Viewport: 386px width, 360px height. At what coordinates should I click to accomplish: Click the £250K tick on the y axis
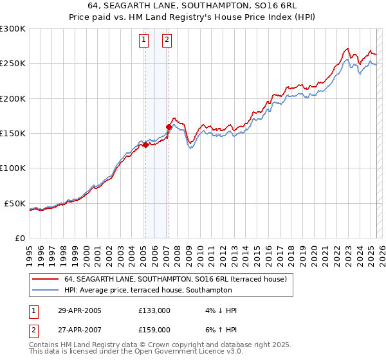pyautogui.click(x=13, y=64)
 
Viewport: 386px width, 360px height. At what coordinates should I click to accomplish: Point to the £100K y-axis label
pyautogui.click(x=13, y=168)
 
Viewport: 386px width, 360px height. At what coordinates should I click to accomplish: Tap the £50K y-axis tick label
pyautogui.click(x=15, y=203)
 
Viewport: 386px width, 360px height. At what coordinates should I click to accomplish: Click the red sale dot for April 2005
pyautogui.click(x=145, y=145)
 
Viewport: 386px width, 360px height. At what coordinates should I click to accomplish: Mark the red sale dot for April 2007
pyautogui.click(x=169, y=127)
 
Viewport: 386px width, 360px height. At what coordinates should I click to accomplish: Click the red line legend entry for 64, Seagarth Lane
pyautogui.click(x=179, y=279)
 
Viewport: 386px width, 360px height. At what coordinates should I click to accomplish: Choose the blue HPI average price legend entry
pyautogui.click(x=148, y=291)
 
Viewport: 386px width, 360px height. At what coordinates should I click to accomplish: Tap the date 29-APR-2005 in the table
pyautogui.click(x=80, y=310)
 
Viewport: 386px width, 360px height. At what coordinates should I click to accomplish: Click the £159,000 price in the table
pyautogui.click(x=154, y=329)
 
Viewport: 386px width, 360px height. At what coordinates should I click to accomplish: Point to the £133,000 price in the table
pyautogui.click(x=154, y=310)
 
